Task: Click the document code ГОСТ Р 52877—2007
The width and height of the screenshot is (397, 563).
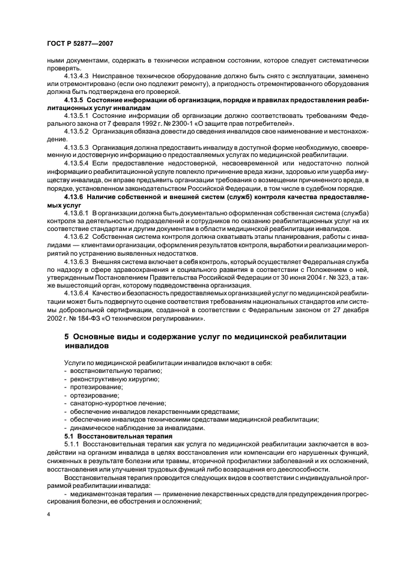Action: tap(80, 43)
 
